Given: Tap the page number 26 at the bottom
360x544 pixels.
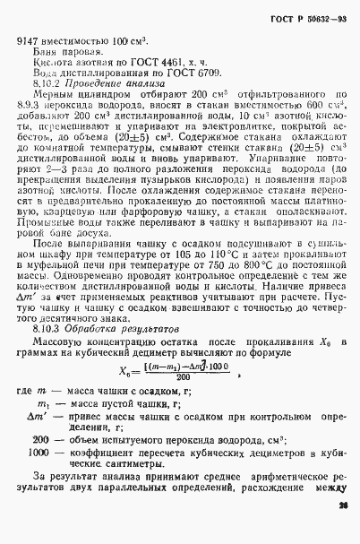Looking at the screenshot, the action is (343, 531).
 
